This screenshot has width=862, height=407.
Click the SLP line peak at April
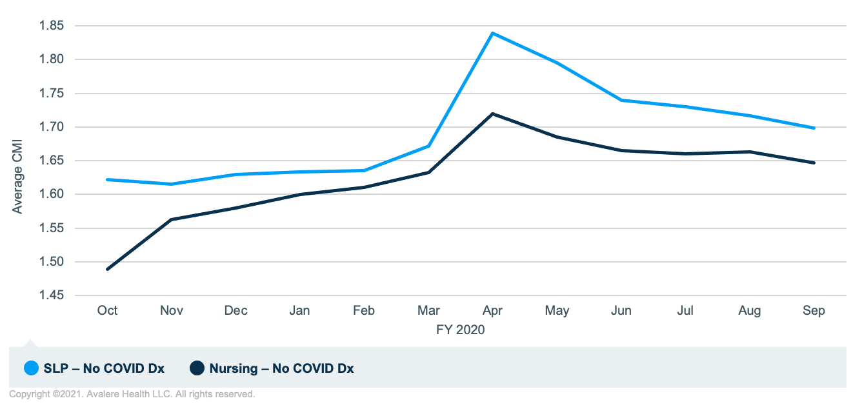pyautogui.click(x=493, y=33)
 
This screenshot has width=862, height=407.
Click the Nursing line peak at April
pyautogui.click(x=493, y=114)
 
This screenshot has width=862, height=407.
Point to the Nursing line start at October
pyautogui.click(x=107, y=269)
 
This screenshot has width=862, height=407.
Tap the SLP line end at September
pyautogui.click(x=814, y=128)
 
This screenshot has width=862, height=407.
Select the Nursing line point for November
pyautogui.click(x=172, y=219)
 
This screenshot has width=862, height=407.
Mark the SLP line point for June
pyautogui.click(x=621, y=100)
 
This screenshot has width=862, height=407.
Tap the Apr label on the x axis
pyautogui.click(x=493, y=311)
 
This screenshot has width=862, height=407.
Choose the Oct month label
pyautogui.click(x=107, y=311)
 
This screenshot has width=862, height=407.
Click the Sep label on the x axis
pyautogui.click(x=814, y=311)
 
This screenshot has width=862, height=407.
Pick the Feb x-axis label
pyautogui.click(x=364, y=311)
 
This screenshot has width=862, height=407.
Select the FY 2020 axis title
pyautogui.click(x=460, y=330)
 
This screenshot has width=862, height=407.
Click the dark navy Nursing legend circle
pyautogui.click(x=197, y=368)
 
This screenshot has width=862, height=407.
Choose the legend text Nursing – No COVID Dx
pyautogui.click(x=281, y=369)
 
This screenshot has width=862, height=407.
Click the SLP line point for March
pyautogui.click(x=428, y=146)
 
